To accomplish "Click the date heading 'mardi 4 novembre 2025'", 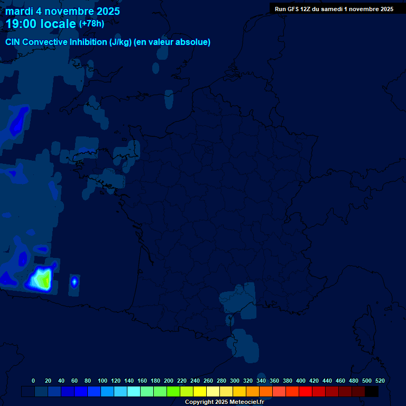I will pyautogui.click(x=62, y=11).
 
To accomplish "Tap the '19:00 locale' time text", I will pyautogui.click(x=41, y=24).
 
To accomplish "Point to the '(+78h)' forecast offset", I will pyautogui.click(x=91, y=24).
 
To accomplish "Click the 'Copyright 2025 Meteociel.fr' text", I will pyautogui.click(x=224, y=402).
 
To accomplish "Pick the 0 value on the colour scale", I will pyautogui.click(x=33, y=381).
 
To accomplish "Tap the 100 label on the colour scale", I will pyautogui.click(x=103, y=381).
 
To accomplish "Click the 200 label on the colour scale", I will pyautogui.click(x=169, y=381).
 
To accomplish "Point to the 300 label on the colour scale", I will pyautogui.click(x=235, y=381).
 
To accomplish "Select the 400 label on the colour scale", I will pyautogui.click(x=301, y=381).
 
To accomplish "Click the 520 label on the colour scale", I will pyautogui.click(x=380, y=381).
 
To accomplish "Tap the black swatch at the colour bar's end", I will pyautogui.click(x=372, y=391).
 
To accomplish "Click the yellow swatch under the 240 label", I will pyautogui.click(x=200, y=391).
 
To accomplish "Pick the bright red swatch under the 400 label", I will pyautogui.click(x=306, y=391).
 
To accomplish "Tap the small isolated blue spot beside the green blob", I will pyautogui.click(x=74, y=282).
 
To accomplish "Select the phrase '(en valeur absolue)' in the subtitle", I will pyautogui.click(x=173, y=42).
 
